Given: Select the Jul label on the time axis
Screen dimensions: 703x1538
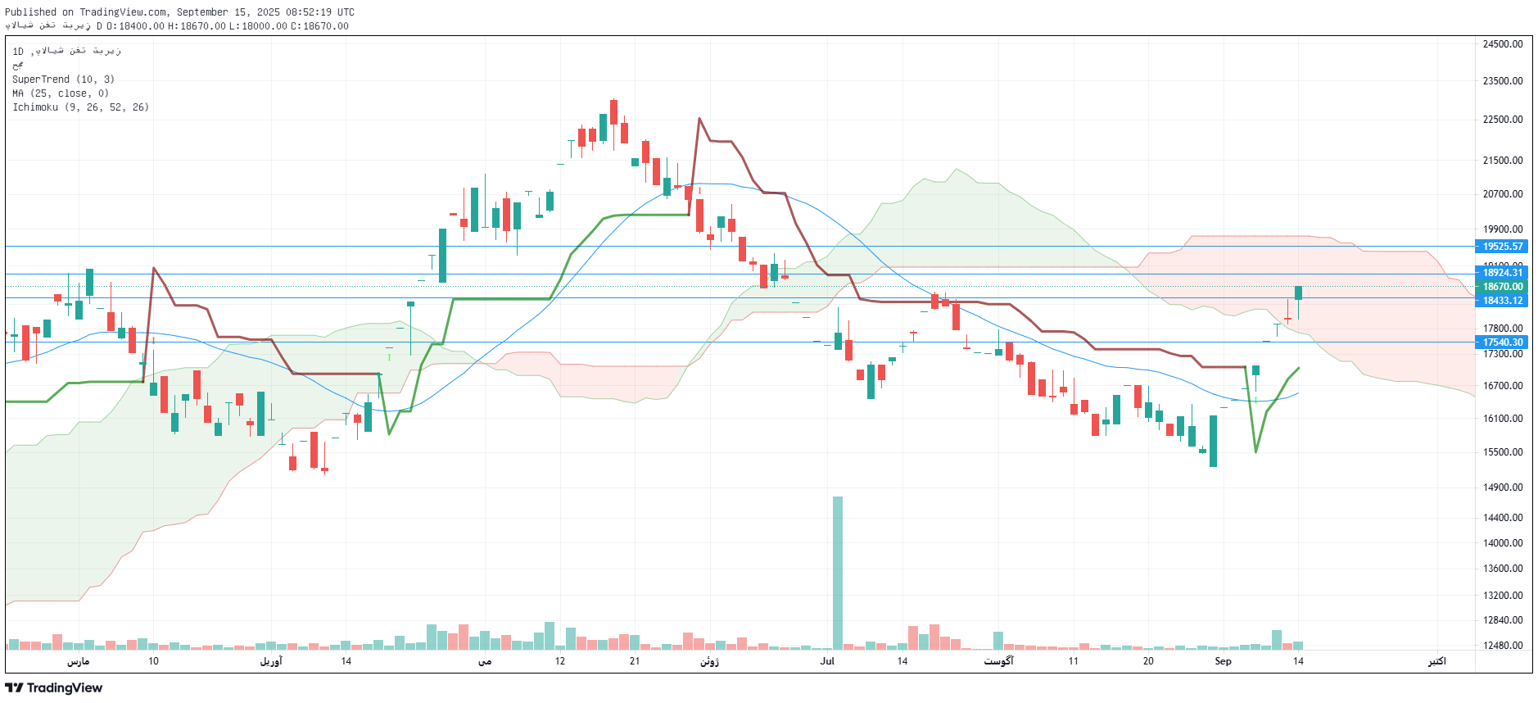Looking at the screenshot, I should pos(827,661).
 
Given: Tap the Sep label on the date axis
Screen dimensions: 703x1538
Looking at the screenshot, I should pos(1223,661).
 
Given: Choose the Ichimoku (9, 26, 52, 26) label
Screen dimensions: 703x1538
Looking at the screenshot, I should pos(80,107).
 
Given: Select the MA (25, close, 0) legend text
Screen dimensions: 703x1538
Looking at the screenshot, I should pos(61,93).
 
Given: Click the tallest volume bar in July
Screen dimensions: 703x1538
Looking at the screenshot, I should pos(838,574).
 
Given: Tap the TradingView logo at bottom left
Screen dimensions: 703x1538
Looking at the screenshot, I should pos(54,688).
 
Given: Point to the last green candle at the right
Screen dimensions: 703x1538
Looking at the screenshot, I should pos(1298,293).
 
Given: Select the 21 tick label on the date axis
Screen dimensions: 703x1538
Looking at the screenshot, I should pos(635,661).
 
